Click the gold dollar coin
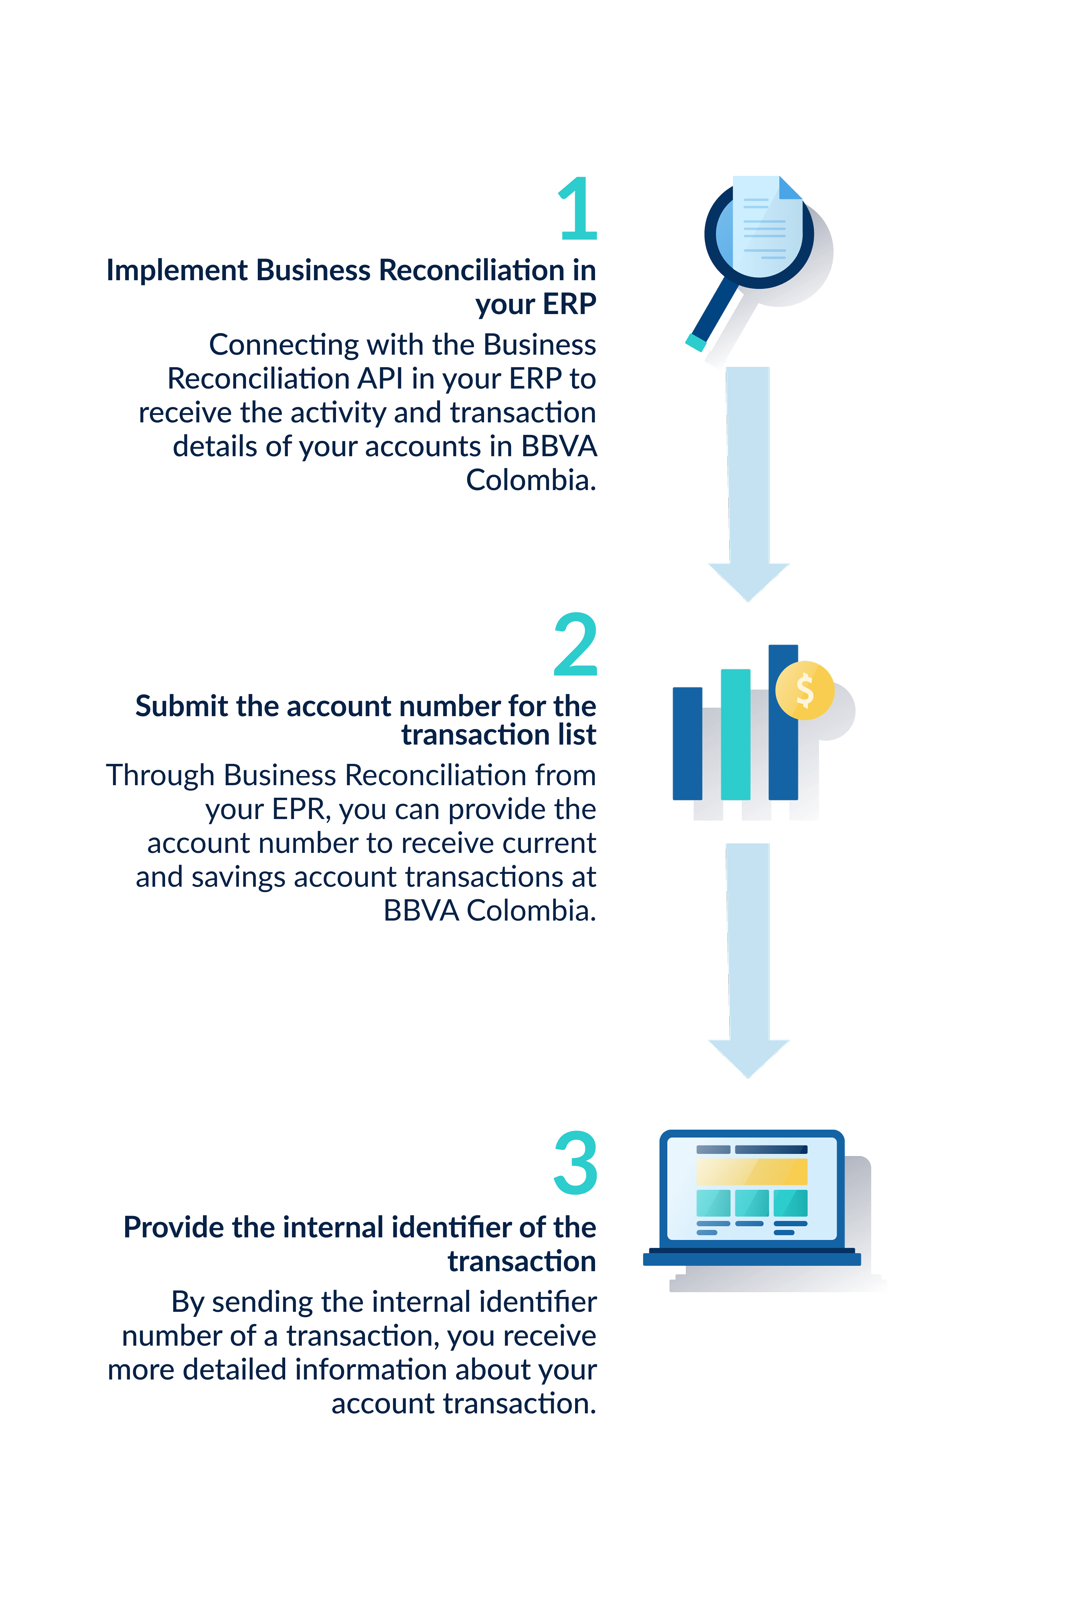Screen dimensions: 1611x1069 pyautogui.click(x=804, y=690)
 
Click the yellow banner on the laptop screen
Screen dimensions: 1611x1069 pyautogui.click(x=751, y=1171)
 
